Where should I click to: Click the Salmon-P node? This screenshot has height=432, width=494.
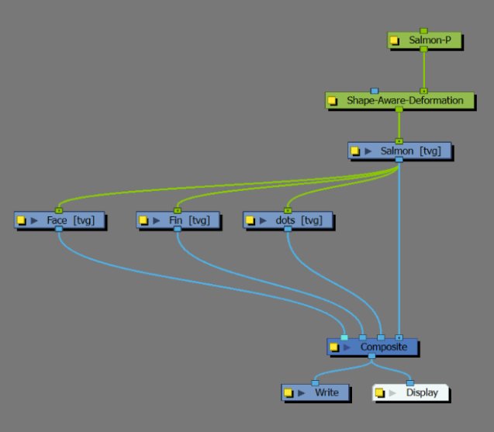[430, 40]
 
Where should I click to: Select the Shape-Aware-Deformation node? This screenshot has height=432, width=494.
[405, 101]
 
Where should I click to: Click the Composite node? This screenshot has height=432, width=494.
[383, 347]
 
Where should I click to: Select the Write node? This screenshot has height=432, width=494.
[326, 392]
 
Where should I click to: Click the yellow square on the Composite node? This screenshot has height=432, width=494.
[333, 347]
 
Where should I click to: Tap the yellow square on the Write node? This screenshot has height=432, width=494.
[288, 393]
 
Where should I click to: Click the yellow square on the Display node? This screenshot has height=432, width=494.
[379, 393]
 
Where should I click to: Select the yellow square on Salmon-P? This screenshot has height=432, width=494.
[395, 40]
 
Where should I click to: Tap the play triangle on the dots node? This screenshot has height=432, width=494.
[263, 221]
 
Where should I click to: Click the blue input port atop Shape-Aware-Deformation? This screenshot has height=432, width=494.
[375, 91]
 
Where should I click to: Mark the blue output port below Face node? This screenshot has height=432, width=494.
[59, 230]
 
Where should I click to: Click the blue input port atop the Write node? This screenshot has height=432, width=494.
[315, 383]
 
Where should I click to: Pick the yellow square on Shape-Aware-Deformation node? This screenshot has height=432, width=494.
[332, 101]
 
